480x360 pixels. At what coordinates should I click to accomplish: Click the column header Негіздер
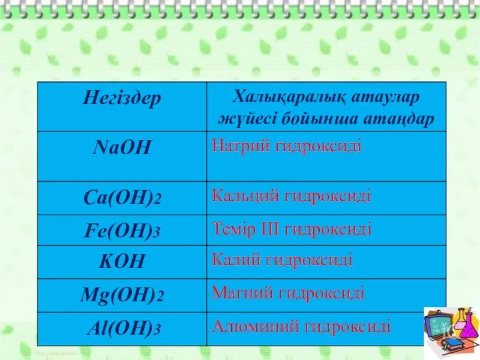point(122,99)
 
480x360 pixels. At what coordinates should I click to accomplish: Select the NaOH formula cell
point(122,148)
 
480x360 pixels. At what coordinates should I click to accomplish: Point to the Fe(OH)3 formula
point(122,231)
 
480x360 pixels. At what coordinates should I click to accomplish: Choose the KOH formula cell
point(122,262)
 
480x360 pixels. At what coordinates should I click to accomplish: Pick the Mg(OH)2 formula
point(122,295)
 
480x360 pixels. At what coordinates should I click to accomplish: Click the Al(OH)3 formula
point(122,329)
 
